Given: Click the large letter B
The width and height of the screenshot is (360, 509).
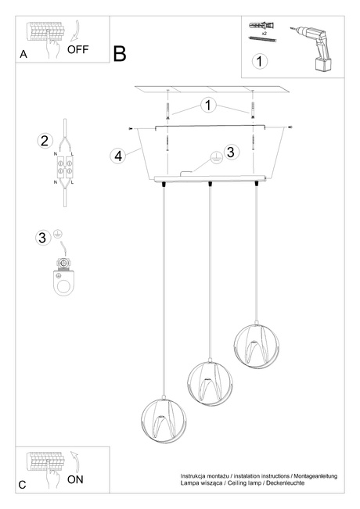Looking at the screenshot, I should point(120,53).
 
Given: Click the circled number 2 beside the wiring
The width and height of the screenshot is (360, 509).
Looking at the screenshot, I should point(45,142).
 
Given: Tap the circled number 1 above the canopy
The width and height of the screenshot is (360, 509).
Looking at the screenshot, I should point(208,105).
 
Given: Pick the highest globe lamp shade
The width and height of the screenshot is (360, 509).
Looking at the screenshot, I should point(257,344).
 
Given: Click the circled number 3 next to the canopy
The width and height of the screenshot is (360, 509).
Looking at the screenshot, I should point(230,152).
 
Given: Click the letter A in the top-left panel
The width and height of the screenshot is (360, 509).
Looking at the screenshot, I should point(23,55).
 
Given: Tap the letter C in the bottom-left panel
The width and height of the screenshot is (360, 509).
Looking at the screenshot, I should point(23,485).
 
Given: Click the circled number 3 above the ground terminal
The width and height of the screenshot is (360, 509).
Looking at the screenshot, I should point(43,238).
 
